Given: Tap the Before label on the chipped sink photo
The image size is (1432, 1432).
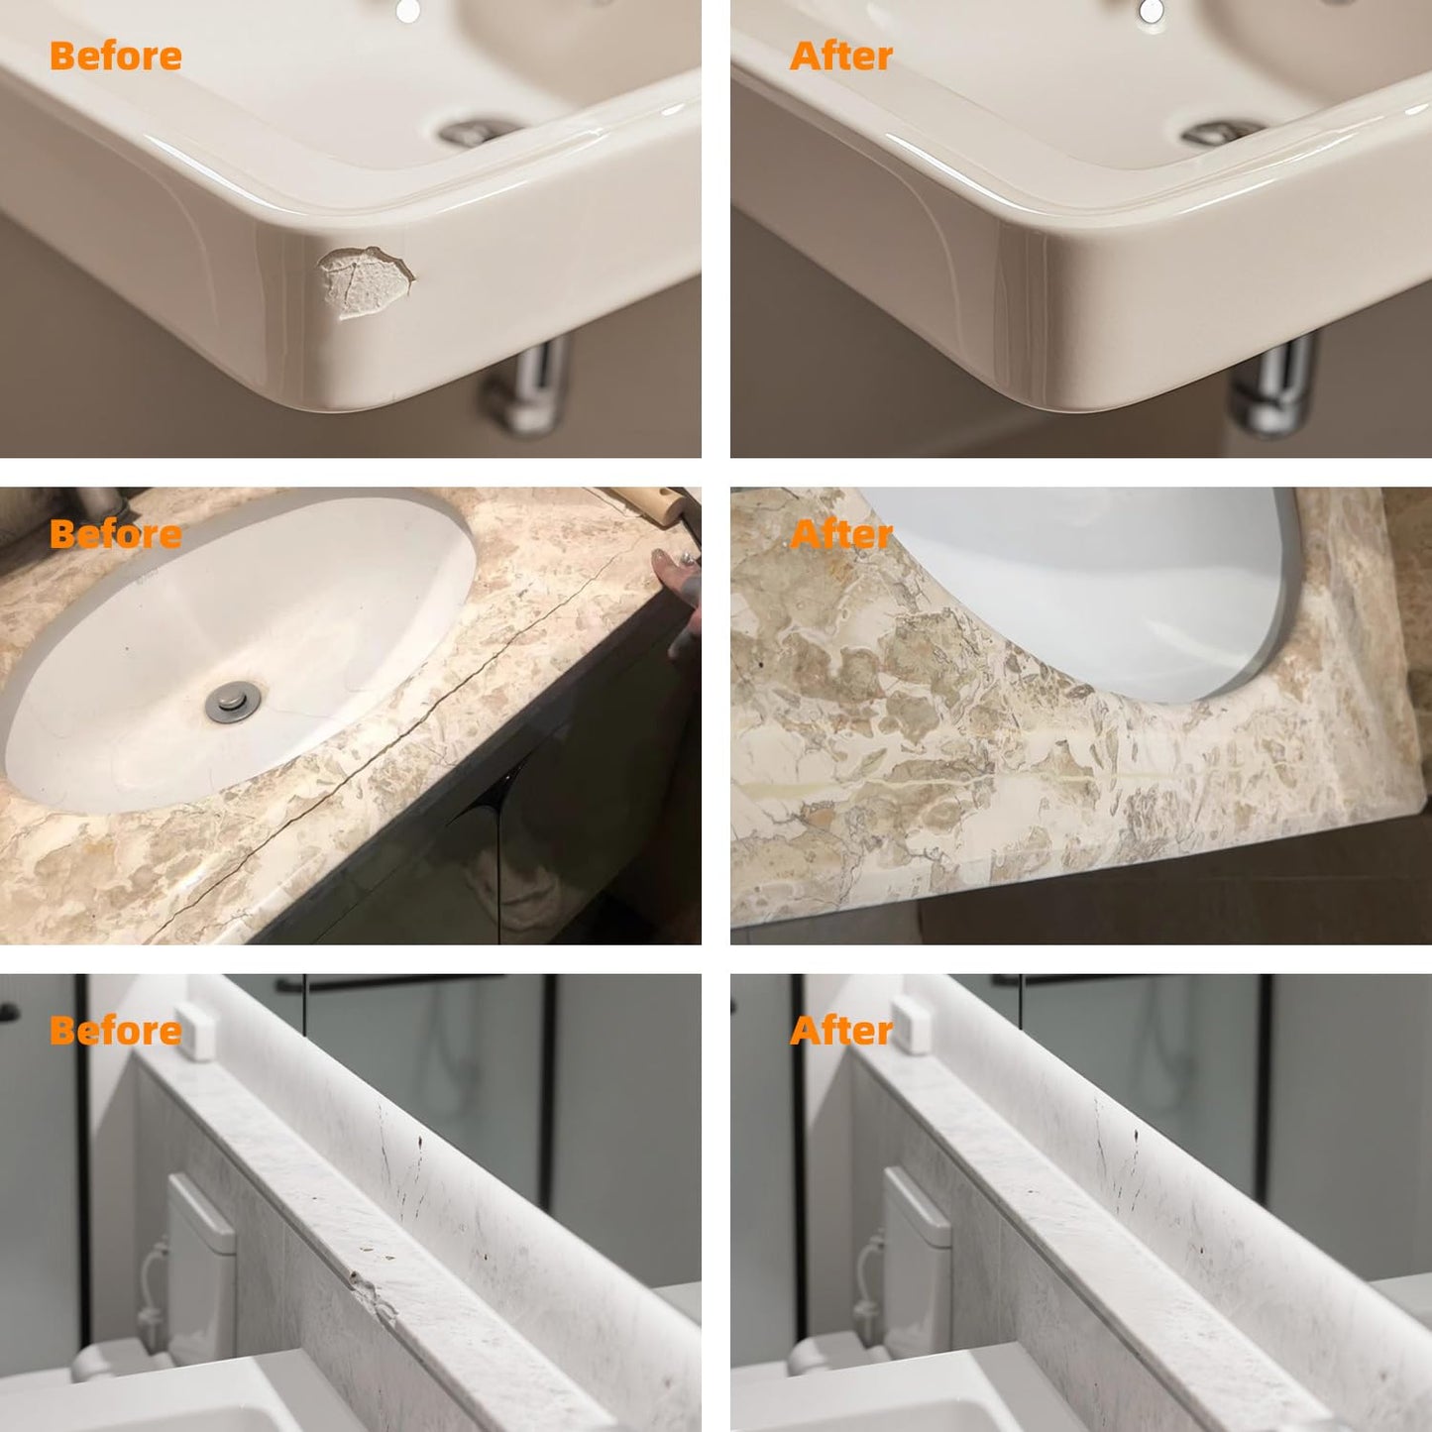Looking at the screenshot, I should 116,56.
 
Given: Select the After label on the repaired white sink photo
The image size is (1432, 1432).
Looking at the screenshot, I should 841,56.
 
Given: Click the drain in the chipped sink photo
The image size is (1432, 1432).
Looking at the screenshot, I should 476,132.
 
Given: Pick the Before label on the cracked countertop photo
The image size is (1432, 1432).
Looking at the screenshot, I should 116,534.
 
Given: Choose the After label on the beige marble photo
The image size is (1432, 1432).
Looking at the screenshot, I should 841,534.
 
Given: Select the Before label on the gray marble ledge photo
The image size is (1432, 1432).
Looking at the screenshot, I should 116,1031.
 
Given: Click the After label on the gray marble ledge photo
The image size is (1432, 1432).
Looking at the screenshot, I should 841,1031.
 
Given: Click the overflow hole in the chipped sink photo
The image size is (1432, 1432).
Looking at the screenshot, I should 407,11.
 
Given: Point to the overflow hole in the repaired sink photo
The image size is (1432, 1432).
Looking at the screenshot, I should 1151,11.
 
